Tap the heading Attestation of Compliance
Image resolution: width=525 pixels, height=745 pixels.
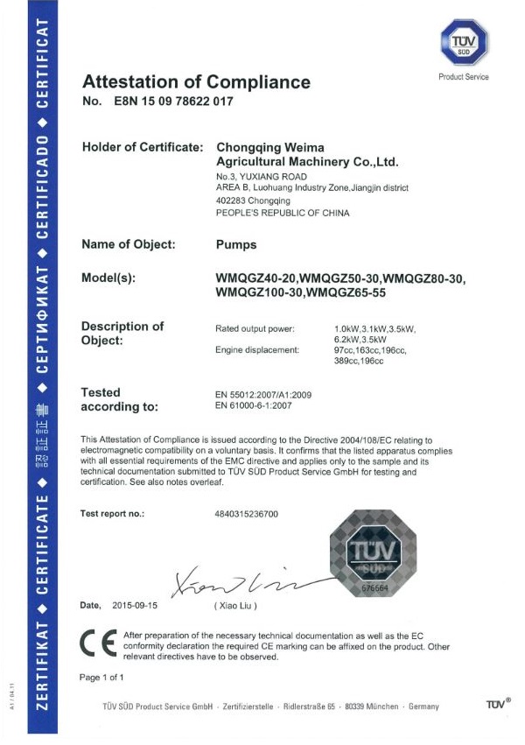pyautogui.click(x=196, y=82)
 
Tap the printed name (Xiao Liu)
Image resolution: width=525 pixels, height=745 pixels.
pyautogui.click(x=235, y=605)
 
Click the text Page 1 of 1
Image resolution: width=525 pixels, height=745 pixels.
pyautogui.click(x=101, y=677)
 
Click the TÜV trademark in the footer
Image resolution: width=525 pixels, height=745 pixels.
pyautogui.click(x=497, y=706)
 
